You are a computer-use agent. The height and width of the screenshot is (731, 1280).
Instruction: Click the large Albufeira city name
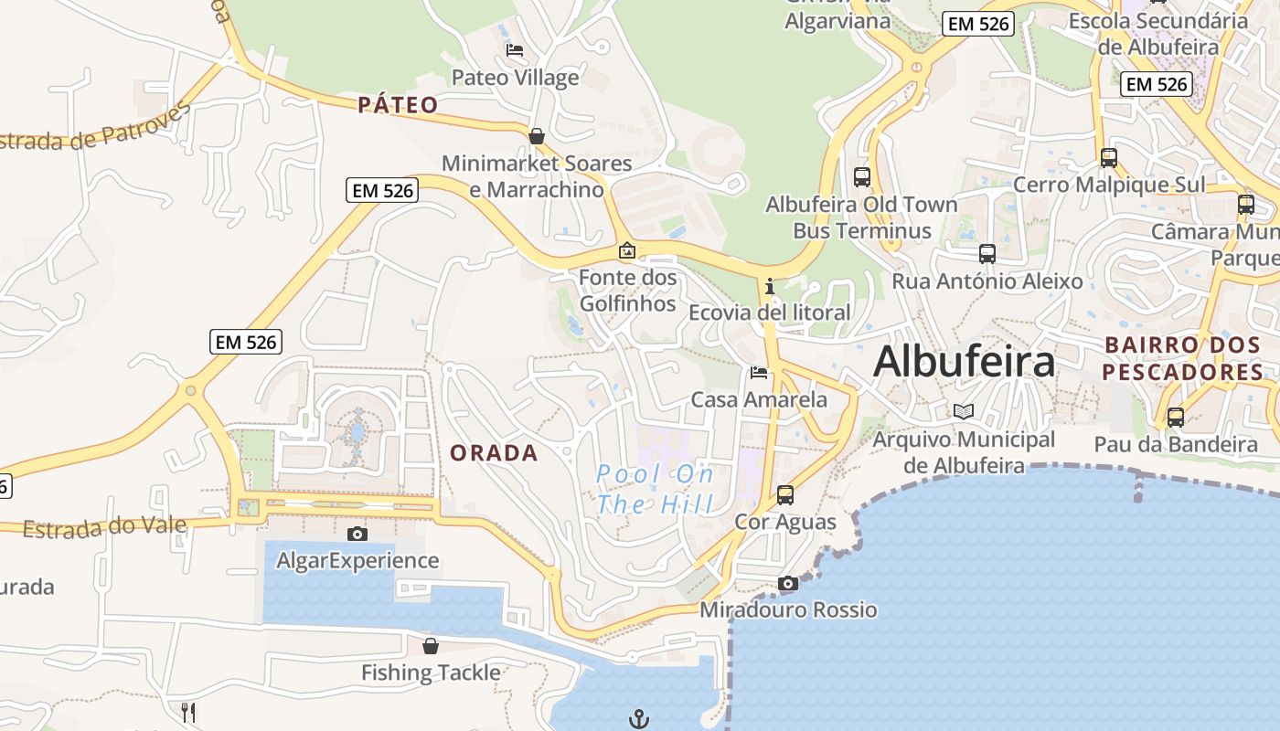[964, 362]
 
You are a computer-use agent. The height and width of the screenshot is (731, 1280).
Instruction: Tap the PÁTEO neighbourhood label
[398, 105]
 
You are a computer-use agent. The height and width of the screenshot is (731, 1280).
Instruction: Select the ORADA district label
[494, 452]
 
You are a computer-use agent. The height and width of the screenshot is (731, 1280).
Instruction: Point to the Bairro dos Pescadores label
[1183, 358]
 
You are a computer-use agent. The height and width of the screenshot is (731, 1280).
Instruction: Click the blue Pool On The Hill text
[655, 488]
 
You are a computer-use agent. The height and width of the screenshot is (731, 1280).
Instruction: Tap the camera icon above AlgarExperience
[357, 534]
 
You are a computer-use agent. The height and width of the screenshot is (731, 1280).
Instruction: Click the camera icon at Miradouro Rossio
[788, 583]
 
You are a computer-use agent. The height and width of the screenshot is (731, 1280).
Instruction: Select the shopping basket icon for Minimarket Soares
[537, 136]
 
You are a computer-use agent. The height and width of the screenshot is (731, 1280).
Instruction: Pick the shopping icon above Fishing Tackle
[431, 646]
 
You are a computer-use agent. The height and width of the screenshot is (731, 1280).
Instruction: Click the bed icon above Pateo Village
[515, 50]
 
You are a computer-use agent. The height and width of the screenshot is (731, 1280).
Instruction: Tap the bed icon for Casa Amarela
[759, 373]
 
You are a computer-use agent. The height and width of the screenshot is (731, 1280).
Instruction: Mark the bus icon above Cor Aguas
[785, 495]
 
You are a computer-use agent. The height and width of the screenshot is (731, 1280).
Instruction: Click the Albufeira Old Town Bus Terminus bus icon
[861, 177]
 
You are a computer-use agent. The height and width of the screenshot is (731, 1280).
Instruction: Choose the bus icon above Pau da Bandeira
[1176, 418]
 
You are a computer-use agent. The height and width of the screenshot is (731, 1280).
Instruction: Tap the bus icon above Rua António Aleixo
[987, 254]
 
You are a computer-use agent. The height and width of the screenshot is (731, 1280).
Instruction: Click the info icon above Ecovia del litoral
[770, 287]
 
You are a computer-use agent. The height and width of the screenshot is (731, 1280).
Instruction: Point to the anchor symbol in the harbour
[639, 719]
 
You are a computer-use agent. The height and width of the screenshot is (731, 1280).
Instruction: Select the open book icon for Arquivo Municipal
[964, 411]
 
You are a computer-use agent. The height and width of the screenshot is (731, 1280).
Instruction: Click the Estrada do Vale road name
[104, 527]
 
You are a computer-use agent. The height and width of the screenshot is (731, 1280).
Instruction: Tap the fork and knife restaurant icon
[188, 712]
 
